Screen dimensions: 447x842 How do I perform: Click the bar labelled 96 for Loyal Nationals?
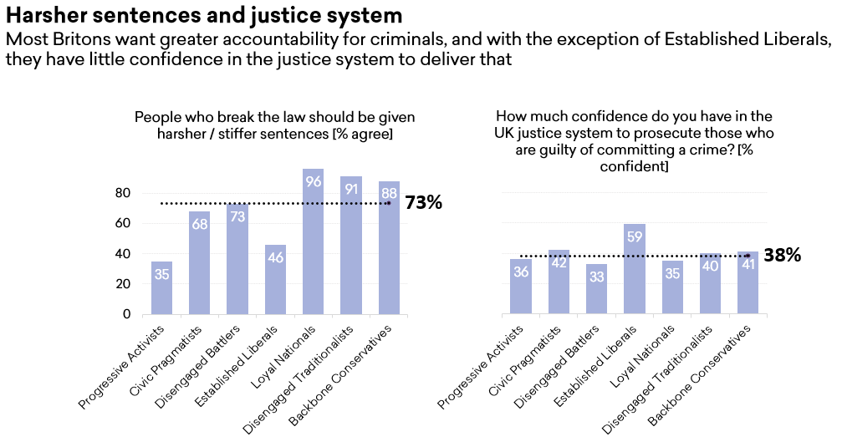pyautogui.click(x=313, y=242)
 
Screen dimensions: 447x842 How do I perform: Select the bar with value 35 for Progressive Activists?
pyautogui.click(x=162, y=288)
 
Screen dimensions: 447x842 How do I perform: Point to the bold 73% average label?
pyautogui.click(x=423, y=203)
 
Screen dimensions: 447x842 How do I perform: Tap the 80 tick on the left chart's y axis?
pyautogui.click(x=123, y=193)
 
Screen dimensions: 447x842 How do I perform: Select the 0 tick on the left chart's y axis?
pyautogui.click(x=126, y=314)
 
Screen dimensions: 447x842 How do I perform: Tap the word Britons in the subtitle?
pyautogui.click(x=82, y=39)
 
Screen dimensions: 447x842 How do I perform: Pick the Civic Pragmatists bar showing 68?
pyautogui.click(x=200, y=263)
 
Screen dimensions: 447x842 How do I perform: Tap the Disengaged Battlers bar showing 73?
pyautogui.click(x=237, y=259)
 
